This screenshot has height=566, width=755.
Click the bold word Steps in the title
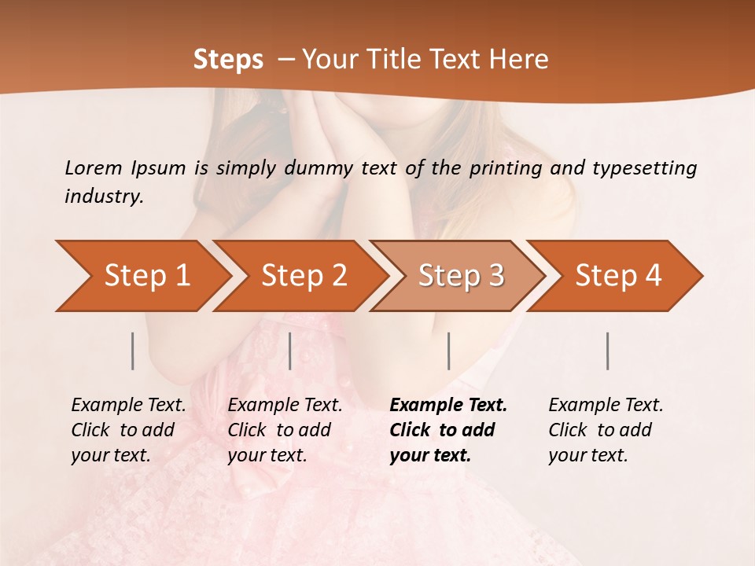tap(228, 60)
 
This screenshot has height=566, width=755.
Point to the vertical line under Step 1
tap(133, 351)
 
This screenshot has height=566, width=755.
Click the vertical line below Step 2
tap(290, 351)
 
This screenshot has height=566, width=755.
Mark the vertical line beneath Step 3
tap(449, 351)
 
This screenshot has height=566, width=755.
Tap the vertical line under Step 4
tap(608, 351)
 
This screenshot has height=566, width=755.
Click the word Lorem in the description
tap(94, 167)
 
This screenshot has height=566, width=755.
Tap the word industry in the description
tap(103, 197)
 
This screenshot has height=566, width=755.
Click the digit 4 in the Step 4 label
tap(653, 275)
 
